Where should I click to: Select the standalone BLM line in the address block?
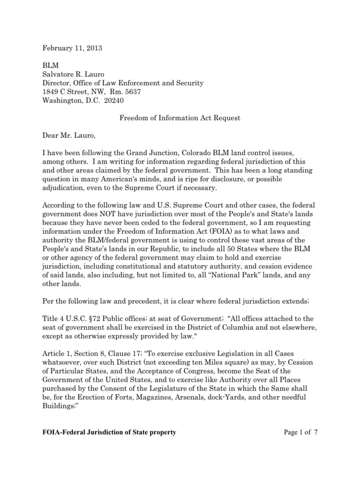point(51,66)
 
